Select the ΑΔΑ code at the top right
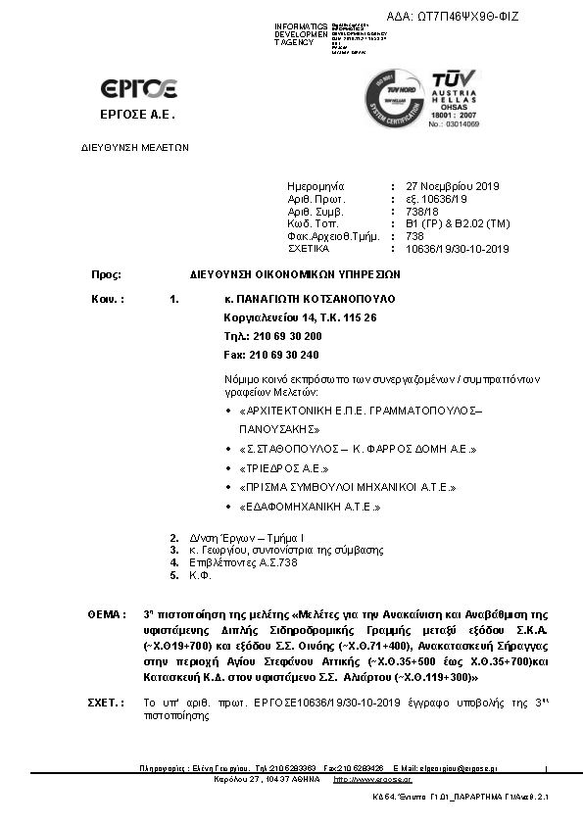pos(453,17)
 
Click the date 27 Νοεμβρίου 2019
pos(453,185)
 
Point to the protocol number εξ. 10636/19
pos(438,198)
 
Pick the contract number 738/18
pos(421,211)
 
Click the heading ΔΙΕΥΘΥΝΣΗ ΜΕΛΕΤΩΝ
pos(134,147)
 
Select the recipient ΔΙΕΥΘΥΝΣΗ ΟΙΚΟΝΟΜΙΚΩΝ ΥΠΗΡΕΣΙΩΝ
pos(296,275)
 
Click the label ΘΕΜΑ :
pos(107,613)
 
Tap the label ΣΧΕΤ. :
pos(107,704)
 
